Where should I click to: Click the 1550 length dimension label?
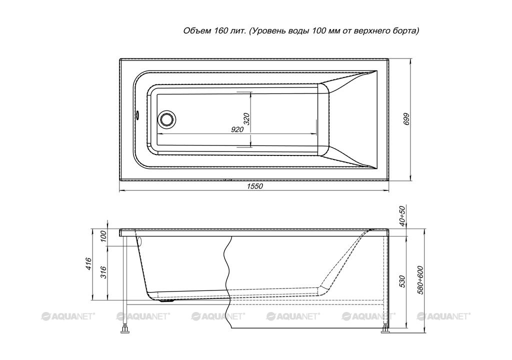[x=254, y=186]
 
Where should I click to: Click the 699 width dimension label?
[x=406, y=119]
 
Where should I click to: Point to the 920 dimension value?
[x=237, y=129]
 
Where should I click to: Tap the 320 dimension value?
[x=246, y=119]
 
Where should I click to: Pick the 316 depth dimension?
[x=103, y=272]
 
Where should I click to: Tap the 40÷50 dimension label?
[x=402, y=216]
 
